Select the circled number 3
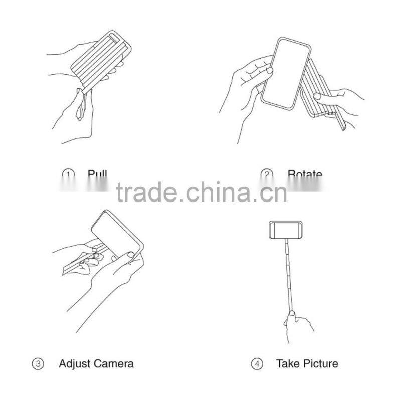click(38, 364)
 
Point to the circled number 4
click(258, 364)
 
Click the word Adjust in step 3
click(74, 363)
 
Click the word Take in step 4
click(287, 363)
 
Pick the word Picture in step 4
click(320, 363)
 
